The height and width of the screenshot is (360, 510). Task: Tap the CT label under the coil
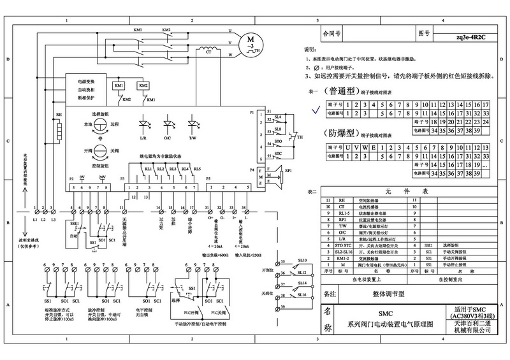click(x=208, y=53)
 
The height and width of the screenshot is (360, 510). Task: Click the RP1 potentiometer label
click(x=288, y=171)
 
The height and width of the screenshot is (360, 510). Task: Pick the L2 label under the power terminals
click(x=43, y=220)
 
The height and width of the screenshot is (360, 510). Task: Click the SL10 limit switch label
click(x=302, y=261)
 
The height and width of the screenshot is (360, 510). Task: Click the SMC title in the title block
click(x=386, y=314)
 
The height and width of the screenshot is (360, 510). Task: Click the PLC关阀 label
click(x=221, y=314)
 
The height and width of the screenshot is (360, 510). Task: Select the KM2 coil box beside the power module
click(x=143, y=85)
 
